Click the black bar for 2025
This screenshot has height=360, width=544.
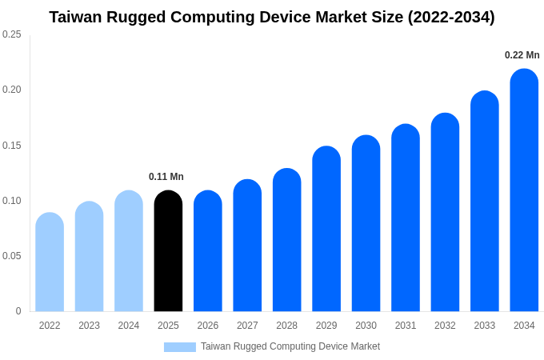(x=168, y=251)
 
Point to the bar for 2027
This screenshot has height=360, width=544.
(x=247, y=246)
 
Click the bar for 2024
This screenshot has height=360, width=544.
(x=129, y=251)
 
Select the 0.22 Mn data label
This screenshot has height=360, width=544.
(x=522, y=55)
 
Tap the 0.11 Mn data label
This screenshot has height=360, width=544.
(x=166, y=177)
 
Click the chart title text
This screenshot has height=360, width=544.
(x=272, y=17)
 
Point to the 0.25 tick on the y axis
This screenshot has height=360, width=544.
(x=12, y=34)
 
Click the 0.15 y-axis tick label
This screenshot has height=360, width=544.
(x=12, y=146)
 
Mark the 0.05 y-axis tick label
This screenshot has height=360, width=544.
(x=12, y=256)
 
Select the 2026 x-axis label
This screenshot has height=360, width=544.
(x=208, y=326)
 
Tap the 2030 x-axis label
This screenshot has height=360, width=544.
(x=366, y=326)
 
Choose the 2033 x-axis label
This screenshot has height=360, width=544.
(x=484, y=326)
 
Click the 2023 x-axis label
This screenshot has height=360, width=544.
(x=89, y=326)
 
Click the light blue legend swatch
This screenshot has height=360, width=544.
(x=180, y=346)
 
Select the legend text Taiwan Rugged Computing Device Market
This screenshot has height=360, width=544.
(x=290, y=346)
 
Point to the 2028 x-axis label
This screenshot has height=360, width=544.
(x=286, y=326)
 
